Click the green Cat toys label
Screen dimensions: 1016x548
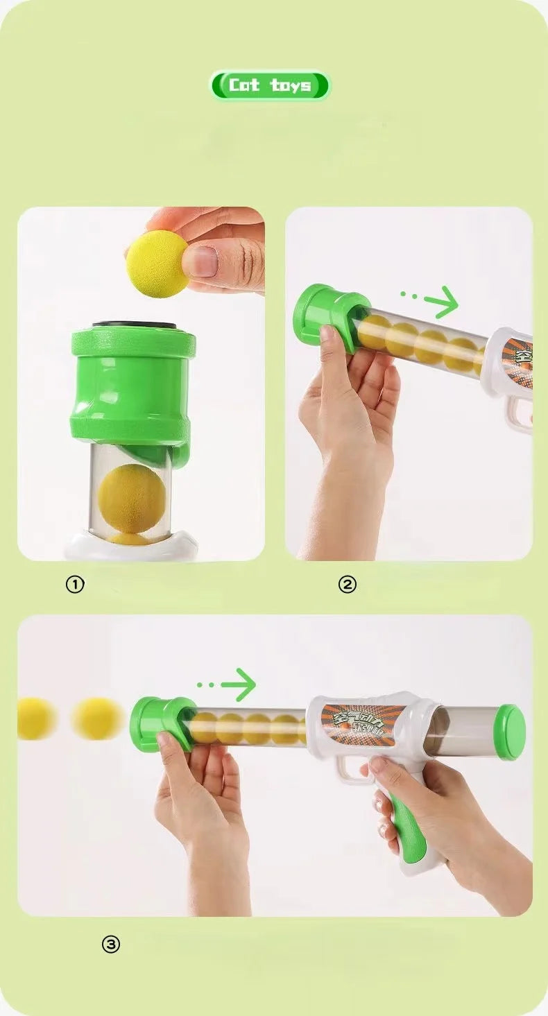click(270, 85)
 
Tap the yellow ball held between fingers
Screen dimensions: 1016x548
click(157, 264)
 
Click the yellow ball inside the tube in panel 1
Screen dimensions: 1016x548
click(131, 498)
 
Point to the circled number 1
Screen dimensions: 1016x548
click(74, 585)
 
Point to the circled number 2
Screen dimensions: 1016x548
click(347, 585)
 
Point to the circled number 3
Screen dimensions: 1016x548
click(111, 944)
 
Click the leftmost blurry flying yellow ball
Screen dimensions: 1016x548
click(35, 718)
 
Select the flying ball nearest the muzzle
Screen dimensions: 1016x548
click(97, 718)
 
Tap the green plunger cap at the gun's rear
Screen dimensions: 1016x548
click(511, 732)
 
